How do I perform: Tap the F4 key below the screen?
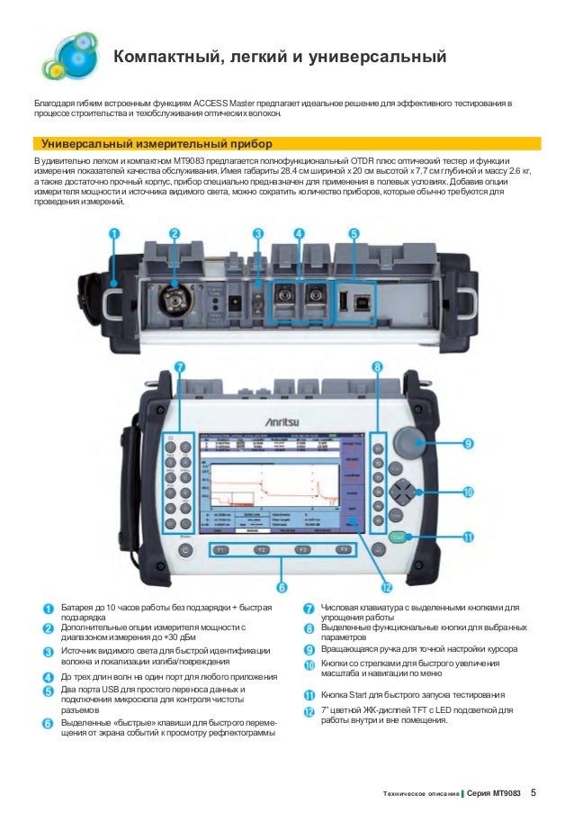[343, 548]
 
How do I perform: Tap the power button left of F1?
[185, 550]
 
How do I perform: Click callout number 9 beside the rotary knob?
[469, 443]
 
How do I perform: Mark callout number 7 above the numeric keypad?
[180, 368]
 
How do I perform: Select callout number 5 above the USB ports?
[354, 233]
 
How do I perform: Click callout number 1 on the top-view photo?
[114, 233]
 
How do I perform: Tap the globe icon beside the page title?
[70, 55]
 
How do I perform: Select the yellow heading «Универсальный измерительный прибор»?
[152, 144]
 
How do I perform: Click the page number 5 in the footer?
[534, 792]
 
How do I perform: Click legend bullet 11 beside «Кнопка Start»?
[309, 695]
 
